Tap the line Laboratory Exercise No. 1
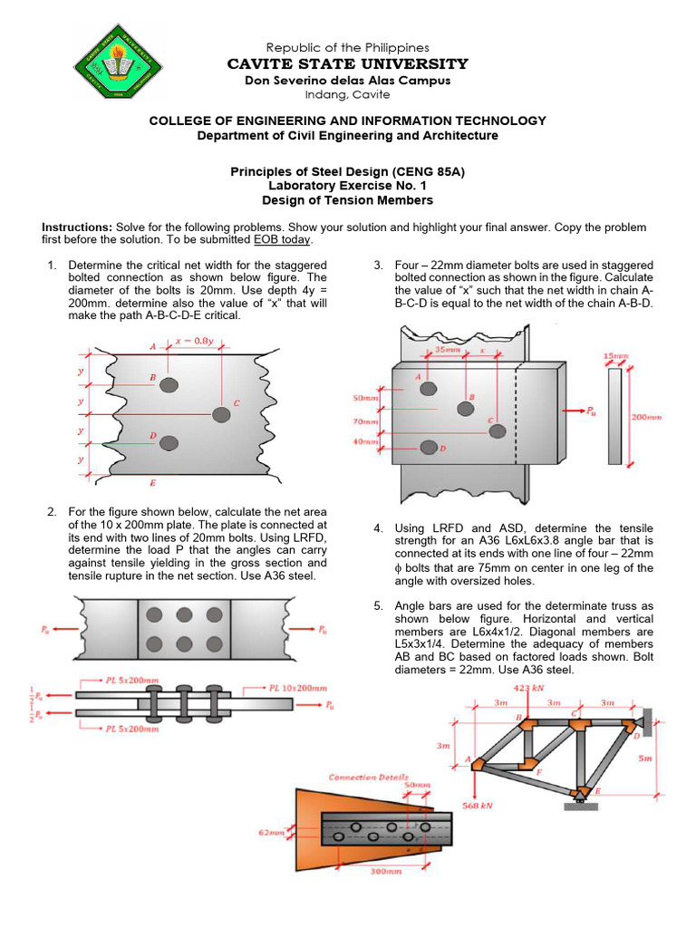pyautogui.click(x=347, y=185)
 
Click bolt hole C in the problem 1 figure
pyautogui.click(x=221, y=414)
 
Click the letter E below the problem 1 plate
pyautogui.click(x=152, y=483)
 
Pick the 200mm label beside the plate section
pyautogui.click(x=647, y=418)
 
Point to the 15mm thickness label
pyautogui.click(x=615, y=357)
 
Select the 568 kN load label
pyautogui.click(x=476, y=804)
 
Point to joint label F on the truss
pyautogui.click(x=539, y=771)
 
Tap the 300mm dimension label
pyautogui.click(x=386, y=872)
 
